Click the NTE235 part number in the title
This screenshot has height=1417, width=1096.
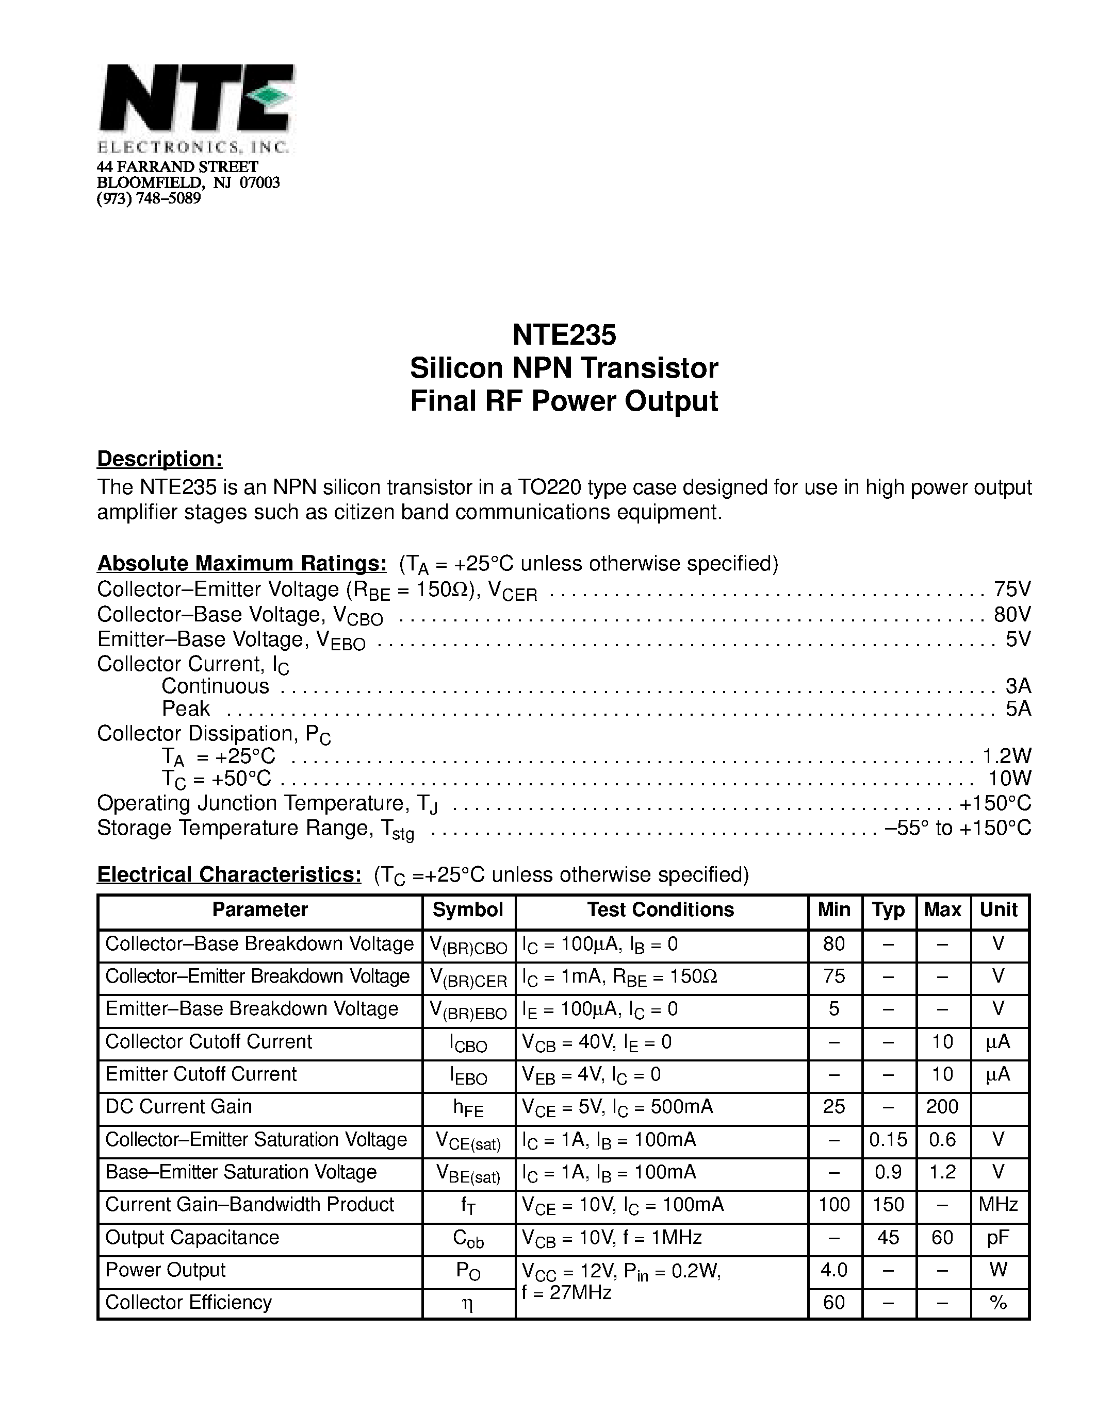pyautogui.click(x=564, y=335)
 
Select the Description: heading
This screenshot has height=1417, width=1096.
pyautogui.click(x=160, y=459)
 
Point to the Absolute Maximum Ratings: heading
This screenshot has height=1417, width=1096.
pyautogui.click(x=241, y=563)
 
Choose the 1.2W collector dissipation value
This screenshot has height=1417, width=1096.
pyautogui.click(x=1006, y=755)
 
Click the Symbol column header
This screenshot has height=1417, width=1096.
pyautogui.click(x=467, y=909)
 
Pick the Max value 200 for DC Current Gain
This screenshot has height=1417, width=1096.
pyautogui.click(x=942, y=1106)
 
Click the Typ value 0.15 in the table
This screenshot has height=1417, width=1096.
pyautogui.click(x=888, y=1139)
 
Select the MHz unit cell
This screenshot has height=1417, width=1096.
pyautogui.click(x=998, y=1204)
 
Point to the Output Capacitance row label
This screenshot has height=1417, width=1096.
pyautogui.click(x=192, y=1237)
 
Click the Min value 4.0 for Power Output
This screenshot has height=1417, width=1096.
pyautogui.click(x=833, y=1270)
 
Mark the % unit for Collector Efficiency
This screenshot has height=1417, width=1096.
pyautogui.click(x=998, y=1302)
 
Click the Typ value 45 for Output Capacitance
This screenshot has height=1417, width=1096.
pyautogui.click(x=888, y=1237)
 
